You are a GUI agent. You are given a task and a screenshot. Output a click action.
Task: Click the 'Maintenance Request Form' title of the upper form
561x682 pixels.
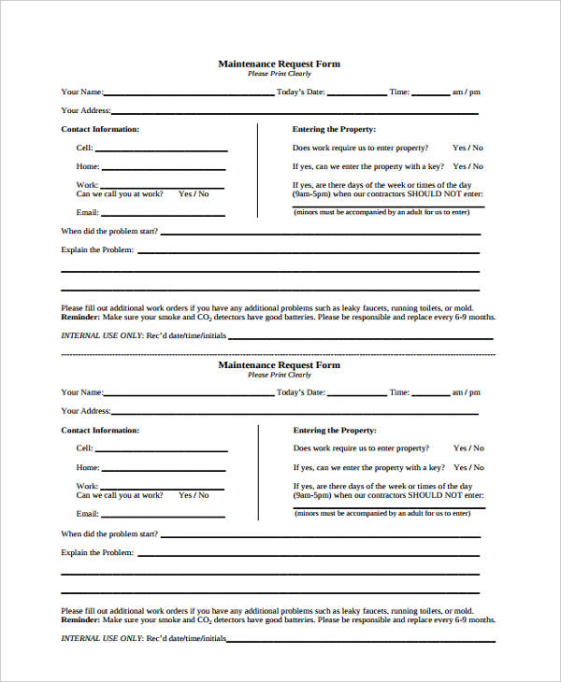tap(279, 64)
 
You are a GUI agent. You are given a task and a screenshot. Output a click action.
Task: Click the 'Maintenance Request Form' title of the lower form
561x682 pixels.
tap(279, 364)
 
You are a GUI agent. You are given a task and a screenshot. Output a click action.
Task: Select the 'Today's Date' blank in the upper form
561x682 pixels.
tap(355, 94)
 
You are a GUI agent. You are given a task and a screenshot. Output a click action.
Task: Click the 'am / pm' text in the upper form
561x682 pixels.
tap(466, 92)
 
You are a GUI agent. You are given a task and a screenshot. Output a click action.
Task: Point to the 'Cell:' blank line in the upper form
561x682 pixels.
tap(161, 150)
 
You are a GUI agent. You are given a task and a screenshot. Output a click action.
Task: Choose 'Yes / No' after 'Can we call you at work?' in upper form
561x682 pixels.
tap(194, 193)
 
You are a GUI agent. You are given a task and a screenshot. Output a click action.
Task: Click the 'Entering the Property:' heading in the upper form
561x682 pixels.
tap(334, 129)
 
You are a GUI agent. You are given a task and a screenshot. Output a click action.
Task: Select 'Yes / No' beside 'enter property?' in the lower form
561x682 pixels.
tap(467, 448)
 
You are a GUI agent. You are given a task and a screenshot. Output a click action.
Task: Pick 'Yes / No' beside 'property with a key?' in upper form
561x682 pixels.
tap(467, 166)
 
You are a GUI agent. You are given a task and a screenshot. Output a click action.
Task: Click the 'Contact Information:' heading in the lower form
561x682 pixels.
tap(100, 430)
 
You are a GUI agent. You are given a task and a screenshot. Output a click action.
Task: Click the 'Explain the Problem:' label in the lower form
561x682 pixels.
tap(97, 552)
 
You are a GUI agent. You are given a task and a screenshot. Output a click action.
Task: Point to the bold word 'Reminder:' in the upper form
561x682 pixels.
tap(80, 317)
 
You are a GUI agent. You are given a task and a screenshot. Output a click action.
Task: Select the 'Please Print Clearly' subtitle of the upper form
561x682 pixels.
tap(279, 74)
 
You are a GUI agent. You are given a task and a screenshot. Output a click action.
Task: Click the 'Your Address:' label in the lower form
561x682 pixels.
tap(85, 411)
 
